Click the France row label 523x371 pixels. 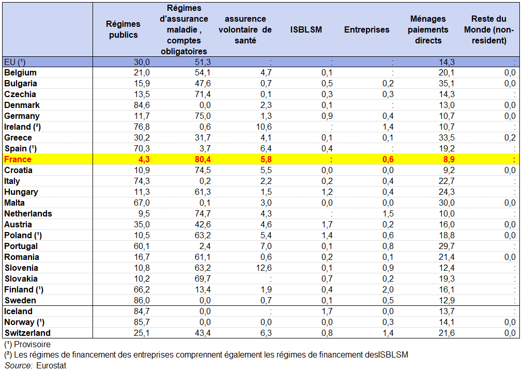18,160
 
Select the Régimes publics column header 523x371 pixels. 123,29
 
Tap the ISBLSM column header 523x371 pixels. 306,29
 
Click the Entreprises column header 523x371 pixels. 366,29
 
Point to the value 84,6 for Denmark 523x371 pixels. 141,105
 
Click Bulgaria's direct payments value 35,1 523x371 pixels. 445,84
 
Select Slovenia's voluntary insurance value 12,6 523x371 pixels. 263,268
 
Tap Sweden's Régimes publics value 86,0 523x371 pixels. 141,301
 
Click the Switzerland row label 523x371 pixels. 27,333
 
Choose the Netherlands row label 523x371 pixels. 28,214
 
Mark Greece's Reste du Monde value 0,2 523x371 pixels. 510,138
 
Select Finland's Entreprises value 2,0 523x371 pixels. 388,290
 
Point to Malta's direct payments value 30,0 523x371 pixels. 445,203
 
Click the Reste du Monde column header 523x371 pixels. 488,29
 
